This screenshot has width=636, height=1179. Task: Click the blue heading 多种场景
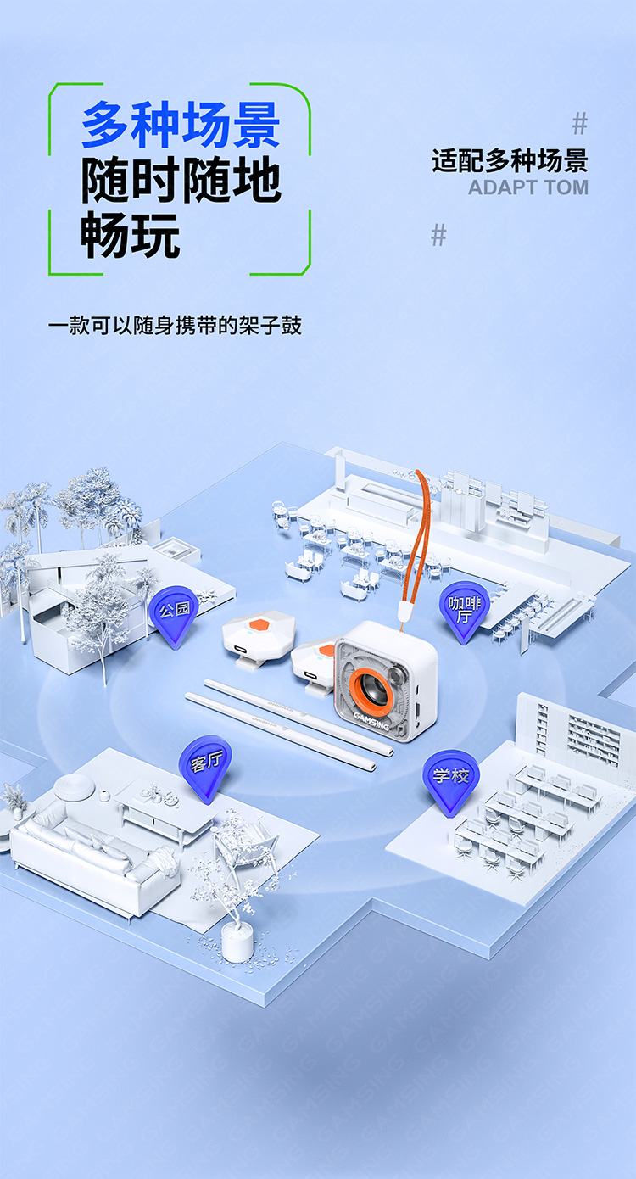pos(181,125)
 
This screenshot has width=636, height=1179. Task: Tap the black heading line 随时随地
pos(181,180)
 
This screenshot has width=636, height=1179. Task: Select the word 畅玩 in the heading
pos(131,235)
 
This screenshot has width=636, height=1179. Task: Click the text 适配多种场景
pos(510,161)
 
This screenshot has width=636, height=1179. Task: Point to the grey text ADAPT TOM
pos(528,187)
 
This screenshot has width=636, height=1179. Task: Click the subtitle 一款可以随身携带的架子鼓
pos(175,326)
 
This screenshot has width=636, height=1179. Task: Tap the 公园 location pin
pos(174,617)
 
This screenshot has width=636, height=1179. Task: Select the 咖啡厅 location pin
pos(464,611)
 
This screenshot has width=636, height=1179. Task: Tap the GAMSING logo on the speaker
pos(371,721)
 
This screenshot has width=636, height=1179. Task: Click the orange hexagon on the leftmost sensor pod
pos(259,624)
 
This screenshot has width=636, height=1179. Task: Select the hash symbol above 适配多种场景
pos(580,124)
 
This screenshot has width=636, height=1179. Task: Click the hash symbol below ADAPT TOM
pos(438,235)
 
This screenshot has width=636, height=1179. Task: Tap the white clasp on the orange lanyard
pos(404,612)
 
